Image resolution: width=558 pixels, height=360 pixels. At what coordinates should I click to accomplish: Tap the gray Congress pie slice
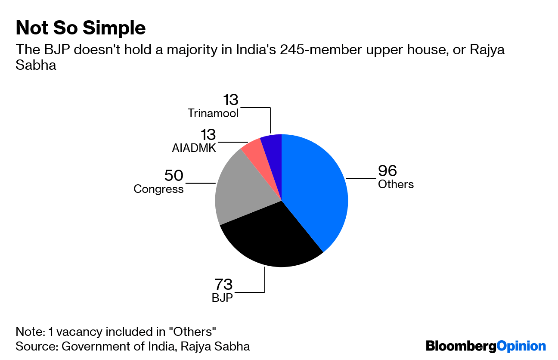coord(241,189)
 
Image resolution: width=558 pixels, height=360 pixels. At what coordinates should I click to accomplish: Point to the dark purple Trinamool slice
coord(272,144)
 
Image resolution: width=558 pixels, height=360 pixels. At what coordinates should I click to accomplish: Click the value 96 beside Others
coord(387,171)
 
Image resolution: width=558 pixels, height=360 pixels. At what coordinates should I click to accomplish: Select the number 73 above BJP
coord(223,284)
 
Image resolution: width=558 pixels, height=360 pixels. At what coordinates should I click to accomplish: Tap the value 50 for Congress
coord(174,176)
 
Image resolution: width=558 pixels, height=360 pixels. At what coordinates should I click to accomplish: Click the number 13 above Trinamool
coord(230,100)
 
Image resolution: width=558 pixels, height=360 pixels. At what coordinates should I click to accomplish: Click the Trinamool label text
coord(213,113)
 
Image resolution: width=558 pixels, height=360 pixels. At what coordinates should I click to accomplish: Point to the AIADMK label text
coord(193,148)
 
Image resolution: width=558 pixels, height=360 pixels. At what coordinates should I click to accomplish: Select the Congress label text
coord(158,189)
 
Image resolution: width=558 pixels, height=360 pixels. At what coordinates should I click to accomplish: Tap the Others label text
coord(396,184)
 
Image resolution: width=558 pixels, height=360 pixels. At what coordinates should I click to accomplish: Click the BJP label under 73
coord(222,298)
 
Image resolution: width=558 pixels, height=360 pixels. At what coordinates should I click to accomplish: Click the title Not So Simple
coord(81,28)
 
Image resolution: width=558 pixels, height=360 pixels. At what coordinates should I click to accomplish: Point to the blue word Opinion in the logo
coord(521,346)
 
